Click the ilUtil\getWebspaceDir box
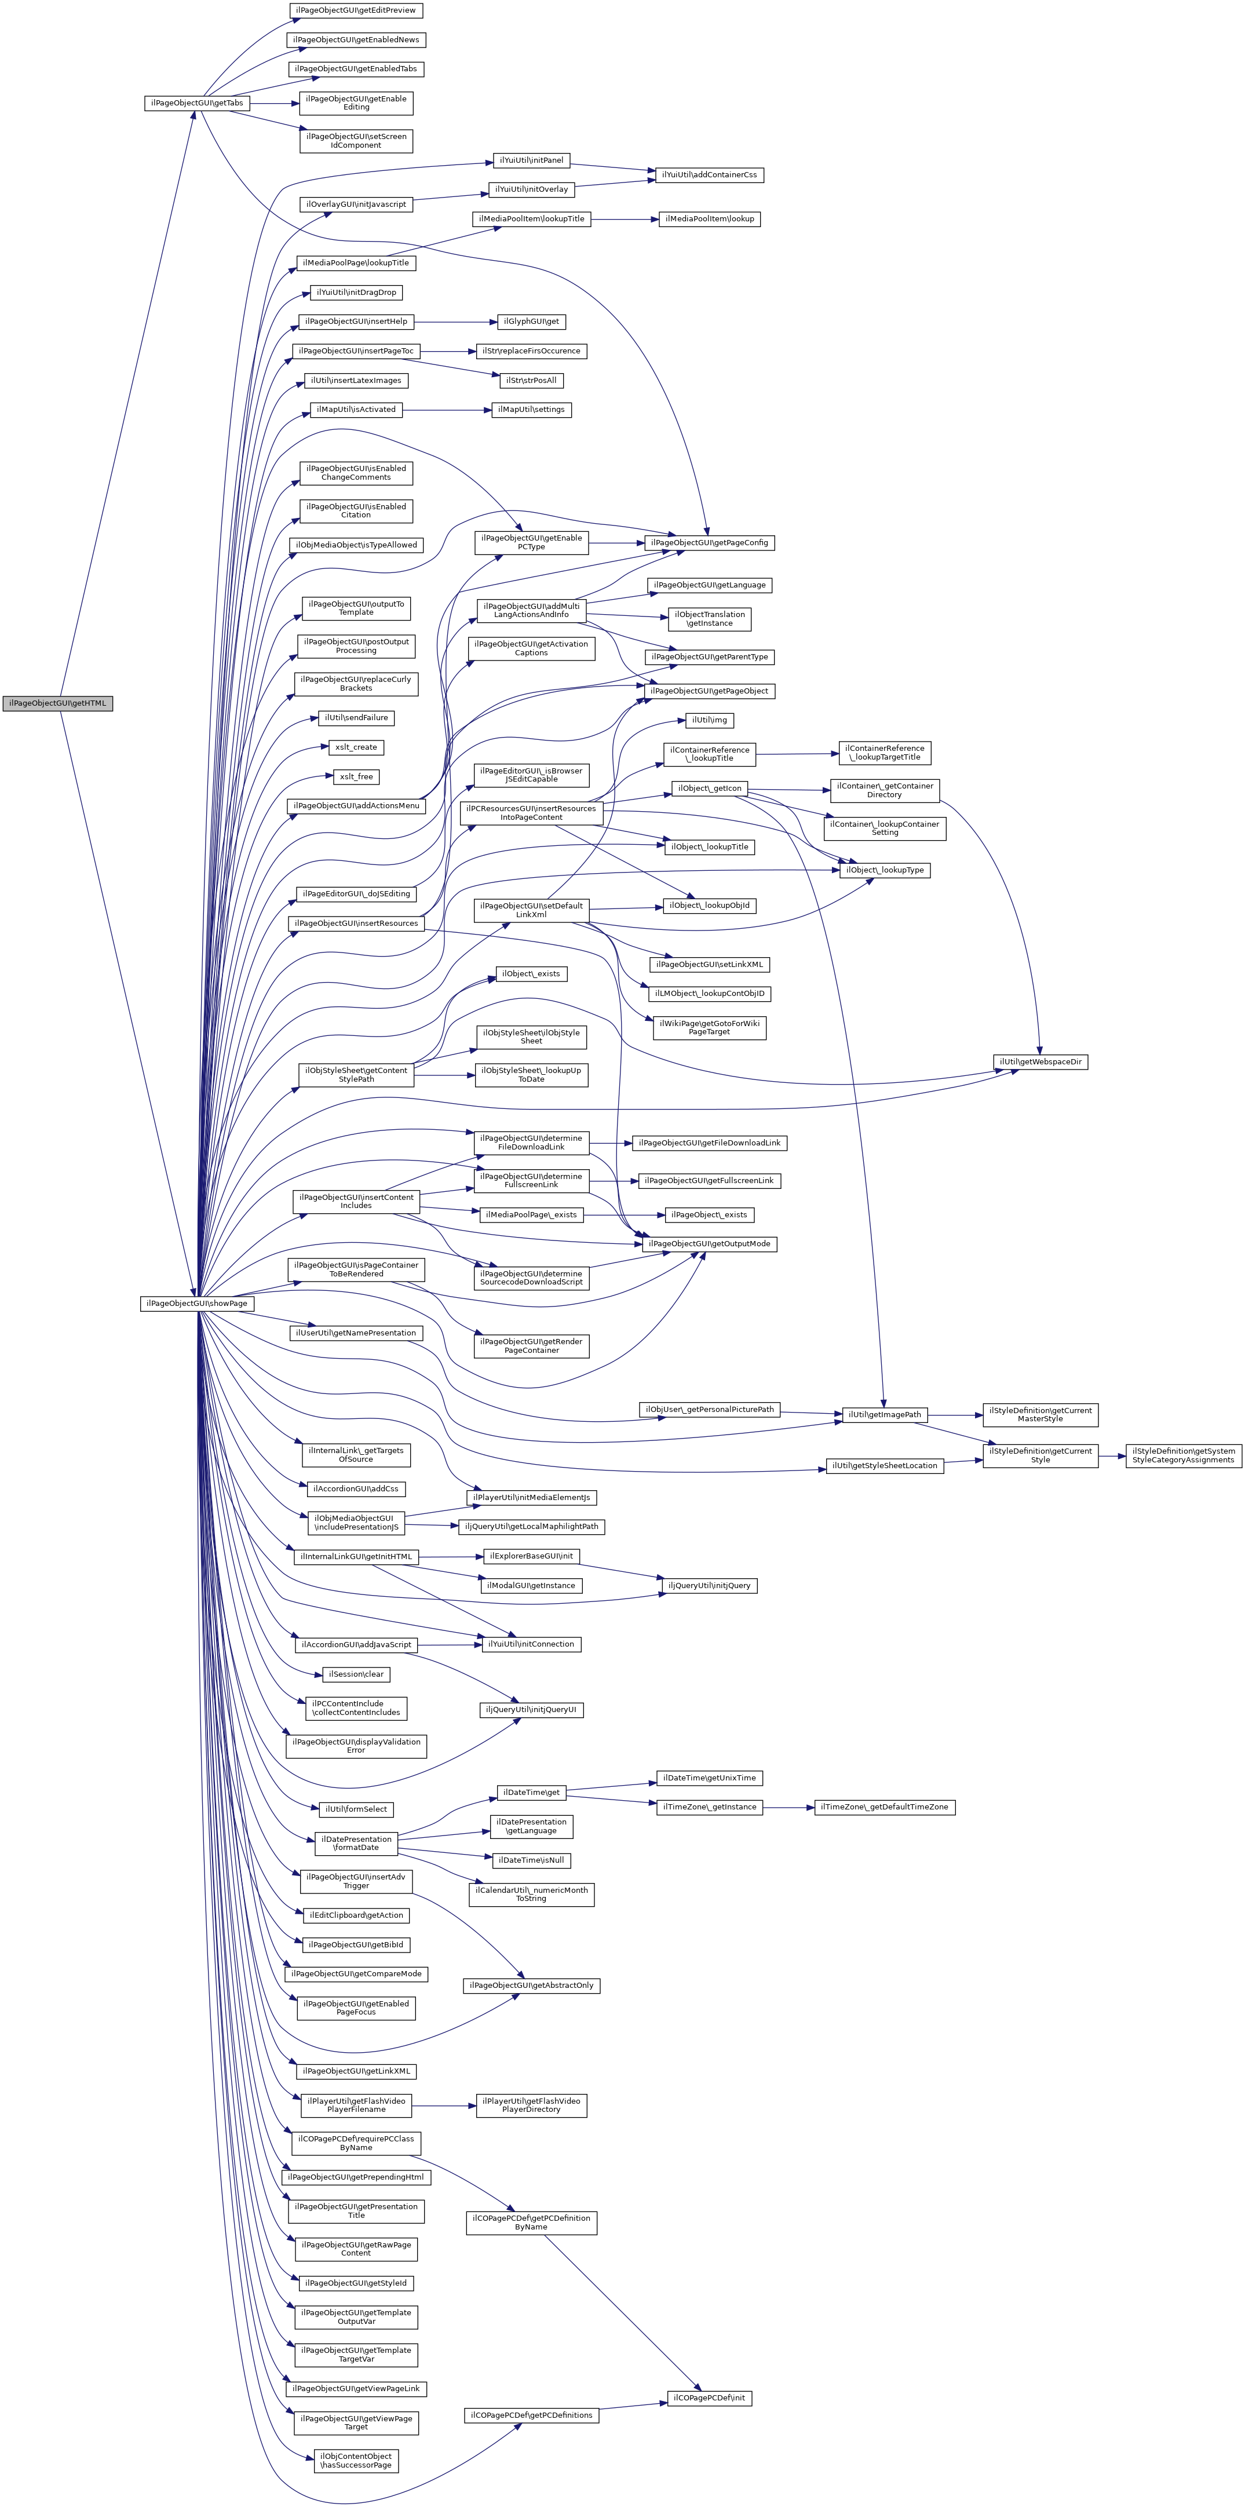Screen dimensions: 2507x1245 click(1039, 1062)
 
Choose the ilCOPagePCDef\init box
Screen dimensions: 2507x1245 click(709, 2398)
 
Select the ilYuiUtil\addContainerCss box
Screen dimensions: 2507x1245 click(709, 175)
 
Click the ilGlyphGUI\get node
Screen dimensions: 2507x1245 click(531, 321)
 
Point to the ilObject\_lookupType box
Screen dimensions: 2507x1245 click(884, 870)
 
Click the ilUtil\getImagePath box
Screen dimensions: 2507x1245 click(884, 1414)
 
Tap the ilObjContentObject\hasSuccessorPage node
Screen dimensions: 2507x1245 click(356, 2460)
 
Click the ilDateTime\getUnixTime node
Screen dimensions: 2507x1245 click(709, 1778)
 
